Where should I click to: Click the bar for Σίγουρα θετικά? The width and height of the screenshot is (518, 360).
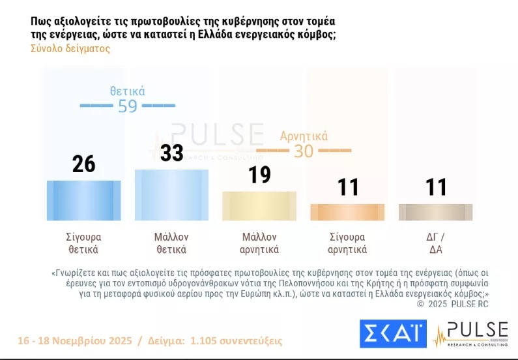point(84,200)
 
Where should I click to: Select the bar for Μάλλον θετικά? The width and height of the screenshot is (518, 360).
point(171,195)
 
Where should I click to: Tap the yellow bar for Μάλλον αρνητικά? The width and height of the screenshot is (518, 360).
point(259,205)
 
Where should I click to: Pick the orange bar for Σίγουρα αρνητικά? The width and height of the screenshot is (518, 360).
point(347,212)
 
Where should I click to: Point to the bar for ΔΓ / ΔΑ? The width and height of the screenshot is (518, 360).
point(435,212)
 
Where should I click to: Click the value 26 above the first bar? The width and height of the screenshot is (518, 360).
point(84,164)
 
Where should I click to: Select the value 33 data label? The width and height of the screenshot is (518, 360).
point(172,153)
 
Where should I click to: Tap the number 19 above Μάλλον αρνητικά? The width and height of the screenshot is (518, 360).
point(259,175)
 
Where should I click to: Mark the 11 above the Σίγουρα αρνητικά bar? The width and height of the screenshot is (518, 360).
point(347,188)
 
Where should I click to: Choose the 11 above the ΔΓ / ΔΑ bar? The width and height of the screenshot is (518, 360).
point(435,188)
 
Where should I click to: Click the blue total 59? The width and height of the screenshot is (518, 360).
point(128,106)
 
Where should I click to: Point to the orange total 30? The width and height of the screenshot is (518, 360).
point(304,151)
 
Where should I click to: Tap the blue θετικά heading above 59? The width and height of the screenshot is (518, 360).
point(128,91)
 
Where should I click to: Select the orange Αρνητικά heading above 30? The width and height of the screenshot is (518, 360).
point(304,136)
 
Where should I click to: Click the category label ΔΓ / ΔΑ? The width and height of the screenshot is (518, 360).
point(435,243)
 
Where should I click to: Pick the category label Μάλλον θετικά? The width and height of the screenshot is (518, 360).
point(171,243)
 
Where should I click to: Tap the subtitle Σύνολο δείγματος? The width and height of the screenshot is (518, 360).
point(70,48)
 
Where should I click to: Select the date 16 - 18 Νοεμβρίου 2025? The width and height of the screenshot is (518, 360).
point(74,341)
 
